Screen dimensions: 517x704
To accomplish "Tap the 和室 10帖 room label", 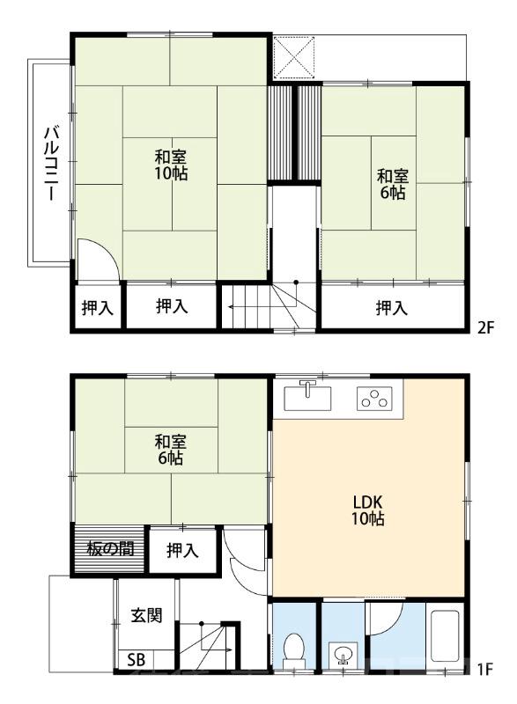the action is (171, 165).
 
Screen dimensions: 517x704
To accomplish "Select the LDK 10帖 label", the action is (367, 510).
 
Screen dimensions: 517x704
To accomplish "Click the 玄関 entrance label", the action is (146, 615).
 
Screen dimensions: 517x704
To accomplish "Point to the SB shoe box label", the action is (137, 659).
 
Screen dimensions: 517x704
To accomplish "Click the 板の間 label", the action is (110, 548).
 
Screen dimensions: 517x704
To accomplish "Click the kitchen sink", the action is (307, 396).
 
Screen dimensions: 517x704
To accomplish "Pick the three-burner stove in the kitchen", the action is (374, 399).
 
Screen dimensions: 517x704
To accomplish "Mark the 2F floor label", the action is (485, 327).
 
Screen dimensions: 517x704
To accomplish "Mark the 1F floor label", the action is (485, 670).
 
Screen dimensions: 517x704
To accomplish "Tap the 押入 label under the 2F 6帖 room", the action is (392, 308).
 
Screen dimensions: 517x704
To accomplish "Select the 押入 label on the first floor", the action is (182, 551).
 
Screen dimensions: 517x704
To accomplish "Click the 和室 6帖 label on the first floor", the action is (170, 450).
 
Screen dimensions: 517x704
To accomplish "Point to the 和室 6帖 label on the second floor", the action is (393, 184).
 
